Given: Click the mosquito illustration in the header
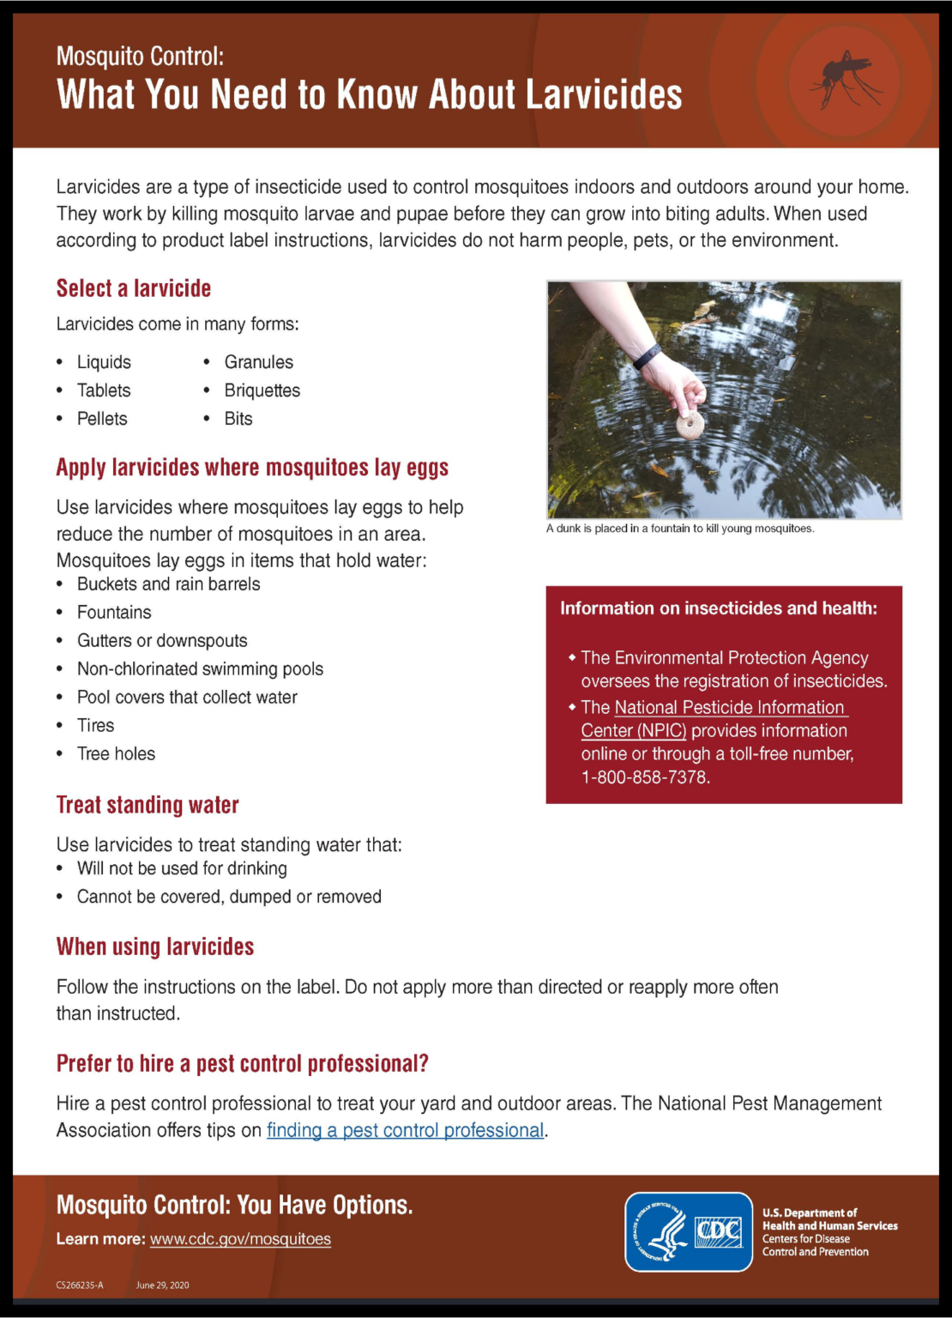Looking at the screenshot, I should [x=845, y=80].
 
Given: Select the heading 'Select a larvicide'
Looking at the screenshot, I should [x=134, y=288].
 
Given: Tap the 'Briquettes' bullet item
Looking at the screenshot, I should [x=262, y=390].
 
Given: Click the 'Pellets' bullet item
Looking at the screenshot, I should [x=102, y=419].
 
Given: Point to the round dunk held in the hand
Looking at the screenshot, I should [x=688, y=423].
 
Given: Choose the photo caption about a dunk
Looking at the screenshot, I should [x=680, y=529].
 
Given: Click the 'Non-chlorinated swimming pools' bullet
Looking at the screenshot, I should [x=200, y=669].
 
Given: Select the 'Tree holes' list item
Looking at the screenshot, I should [x=116, y=754].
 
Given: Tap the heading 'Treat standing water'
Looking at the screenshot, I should [x=148, y=805].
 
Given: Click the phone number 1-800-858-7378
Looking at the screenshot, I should [x=645, y=777].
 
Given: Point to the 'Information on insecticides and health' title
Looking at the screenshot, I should [x=719, y=608].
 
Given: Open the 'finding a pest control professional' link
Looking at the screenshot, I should [x=405, y=1130].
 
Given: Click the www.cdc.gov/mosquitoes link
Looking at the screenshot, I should [x=240, y=1239].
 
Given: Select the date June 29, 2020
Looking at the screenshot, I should [x=162, y=1285].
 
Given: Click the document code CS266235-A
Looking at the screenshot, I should [x=80, y=1285].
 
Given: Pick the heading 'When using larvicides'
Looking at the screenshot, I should [x=155, y=946].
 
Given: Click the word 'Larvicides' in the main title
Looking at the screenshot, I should [x=604, y=94].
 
